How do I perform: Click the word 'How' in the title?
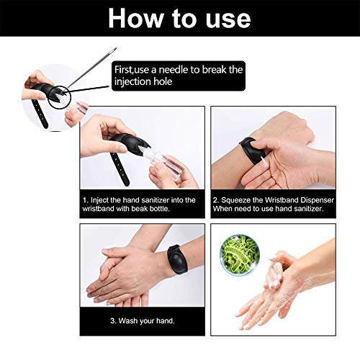coord(139,17)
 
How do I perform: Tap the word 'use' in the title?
coord(228,17)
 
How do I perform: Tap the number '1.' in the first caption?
coord(86,199)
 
